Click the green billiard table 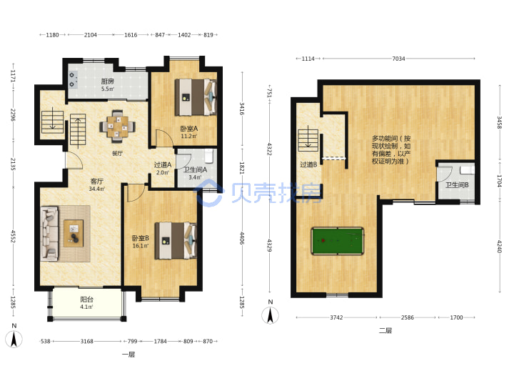pyautogui.click(x=337, y=241)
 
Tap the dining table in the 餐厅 pyautogui.click(x=117, y=127)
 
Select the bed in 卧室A pyautogui.click(x=196, y=97)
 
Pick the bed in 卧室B pyautogui.click(x=176, y=241)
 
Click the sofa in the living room pyautogui.click(x=49, y=234)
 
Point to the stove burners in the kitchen pyautogui.click(x=72, y=80)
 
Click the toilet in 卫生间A pyautogui.click(x=208, y=157)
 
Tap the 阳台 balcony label pyautogui.click(x=87, y=300)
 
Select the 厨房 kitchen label pyautogui.click(x=107, y=81)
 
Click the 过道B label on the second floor pyautogui.click(x=308, y=164)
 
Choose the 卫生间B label pyautogui.click(x=457, y=185)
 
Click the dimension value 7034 pyautogui.click(x=398, y=59)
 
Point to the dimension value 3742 pyautogui.click(x=336, y=317)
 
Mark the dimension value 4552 pyautogui.click(x=13, y=237)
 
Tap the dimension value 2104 pyautogui.click(x=91, y=35)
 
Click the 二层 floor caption pyautogui.click(x=385, y=330)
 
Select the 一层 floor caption pyautogui.click(x=128, y=355)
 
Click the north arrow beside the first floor pyautogui.click(x=14, y=338)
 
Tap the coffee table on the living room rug pyautogui.click(x=74, y=233)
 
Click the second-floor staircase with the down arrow pyautogui.click(x=308, y=140)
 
